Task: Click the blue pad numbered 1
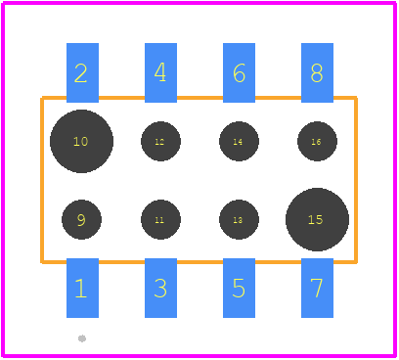(x=82, y=288)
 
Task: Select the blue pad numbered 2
(x=82, y=72)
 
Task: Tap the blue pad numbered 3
(x=160, y=288)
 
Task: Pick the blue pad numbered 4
(x=160, y=72)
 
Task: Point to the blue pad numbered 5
(x=239, y=288)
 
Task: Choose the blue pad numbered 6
(x=239, y=72)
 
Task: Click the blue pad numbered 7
(x=317, y=288)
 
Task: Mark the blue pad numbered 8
(x=317, y=72)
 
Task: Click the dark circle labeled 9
(x=81, y=219)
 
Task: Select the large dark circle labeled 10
(x=81, y=141)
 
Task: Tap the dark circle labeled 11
(x=160, y=219)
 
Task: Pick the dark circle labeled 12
(x=160, y=141)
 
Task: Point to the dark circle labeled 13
(x=239, y=219)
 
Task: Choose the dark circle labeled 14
(x=239, y=141)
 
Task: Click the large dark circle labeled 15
(x=317, y=219)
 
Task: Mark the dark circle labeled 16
(x=317, y=141)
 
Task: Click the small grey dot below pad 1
(x=82, y=338)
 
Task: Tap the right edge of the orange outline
(x=356, y=180)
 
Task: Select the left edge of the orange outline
(x=42, y=180)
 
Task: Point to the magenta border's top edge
(x=199, y=3)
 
